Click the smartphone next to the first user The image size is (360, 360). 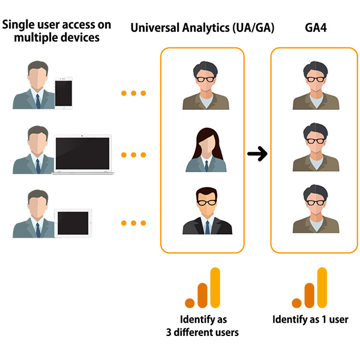pyautogui.click(x=63, y=93)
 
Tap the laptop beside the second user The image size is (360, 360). pyautogui.click(x=83, y=155)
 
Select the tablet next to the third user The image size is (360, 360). pyautogui.click(x=74, y=223)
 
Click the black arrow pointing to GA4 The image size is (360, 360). pyautogui.click(x=257, y=155)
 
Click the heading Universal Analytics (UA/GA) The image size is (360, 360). pyautogui.click(x=203, y=28)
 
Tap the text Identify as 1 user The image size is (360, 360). pyautogui.click(x=310, y=319)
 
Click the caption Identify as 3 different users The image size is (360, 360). pyautogui.click(x=203, y=325)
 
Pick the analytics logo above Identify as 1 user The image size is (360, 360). pyautogui.click(x=310, y=288)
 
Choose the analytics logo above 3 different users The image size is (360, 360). pyautogui.click(x=203, y=288)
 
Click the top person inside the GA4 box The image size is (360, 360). pyautogui.click(x=316, y=88)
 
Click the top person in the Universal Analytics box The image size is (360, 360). pyautogui.click(x=205, y=88)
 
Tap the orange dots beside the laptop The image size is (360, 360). pyautogui.click(x=133, y=155)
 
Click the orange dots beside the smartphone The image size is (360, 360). pyautogui.click(x=133, y=94)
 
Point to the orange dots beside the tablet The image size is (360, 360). pyautogui.click(x=133, y=223)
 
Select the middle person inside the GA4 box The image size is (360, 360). pyautogui.click(x=316, y=149)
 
